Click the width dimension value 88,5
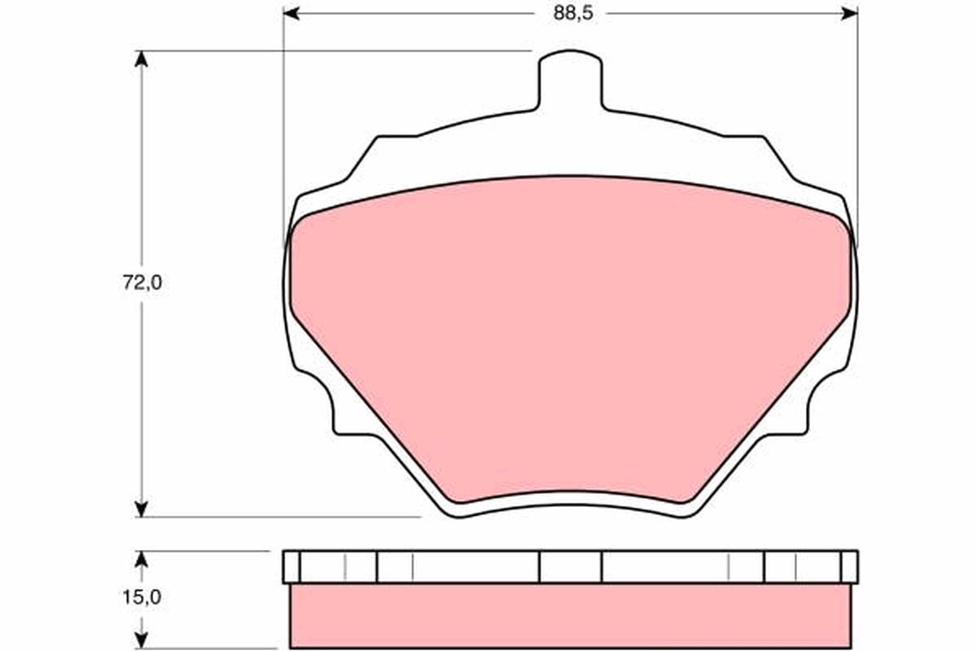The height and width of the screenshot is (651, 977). pyautogui.click(x=571, y=14)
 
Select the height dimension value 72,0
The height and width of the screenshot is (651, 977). pyautogui.click(x=143, y=283)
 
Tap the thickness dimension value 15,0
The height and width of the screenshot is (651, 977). pyautogui.click(x=143, y=596)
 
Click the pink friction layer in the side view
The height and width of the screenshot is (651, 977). pyautogui.click(x=571, y=616)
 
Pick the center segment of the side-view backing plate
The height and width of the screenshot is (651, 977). pyautogui.click(x=571, y=566)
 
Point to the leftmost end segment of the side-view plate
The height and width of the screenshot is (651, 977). pyautogui.click(x=291, y=566)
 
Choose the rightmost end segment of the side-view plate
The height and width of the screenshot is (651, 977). pyautogui.click(x=849, y=566)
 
